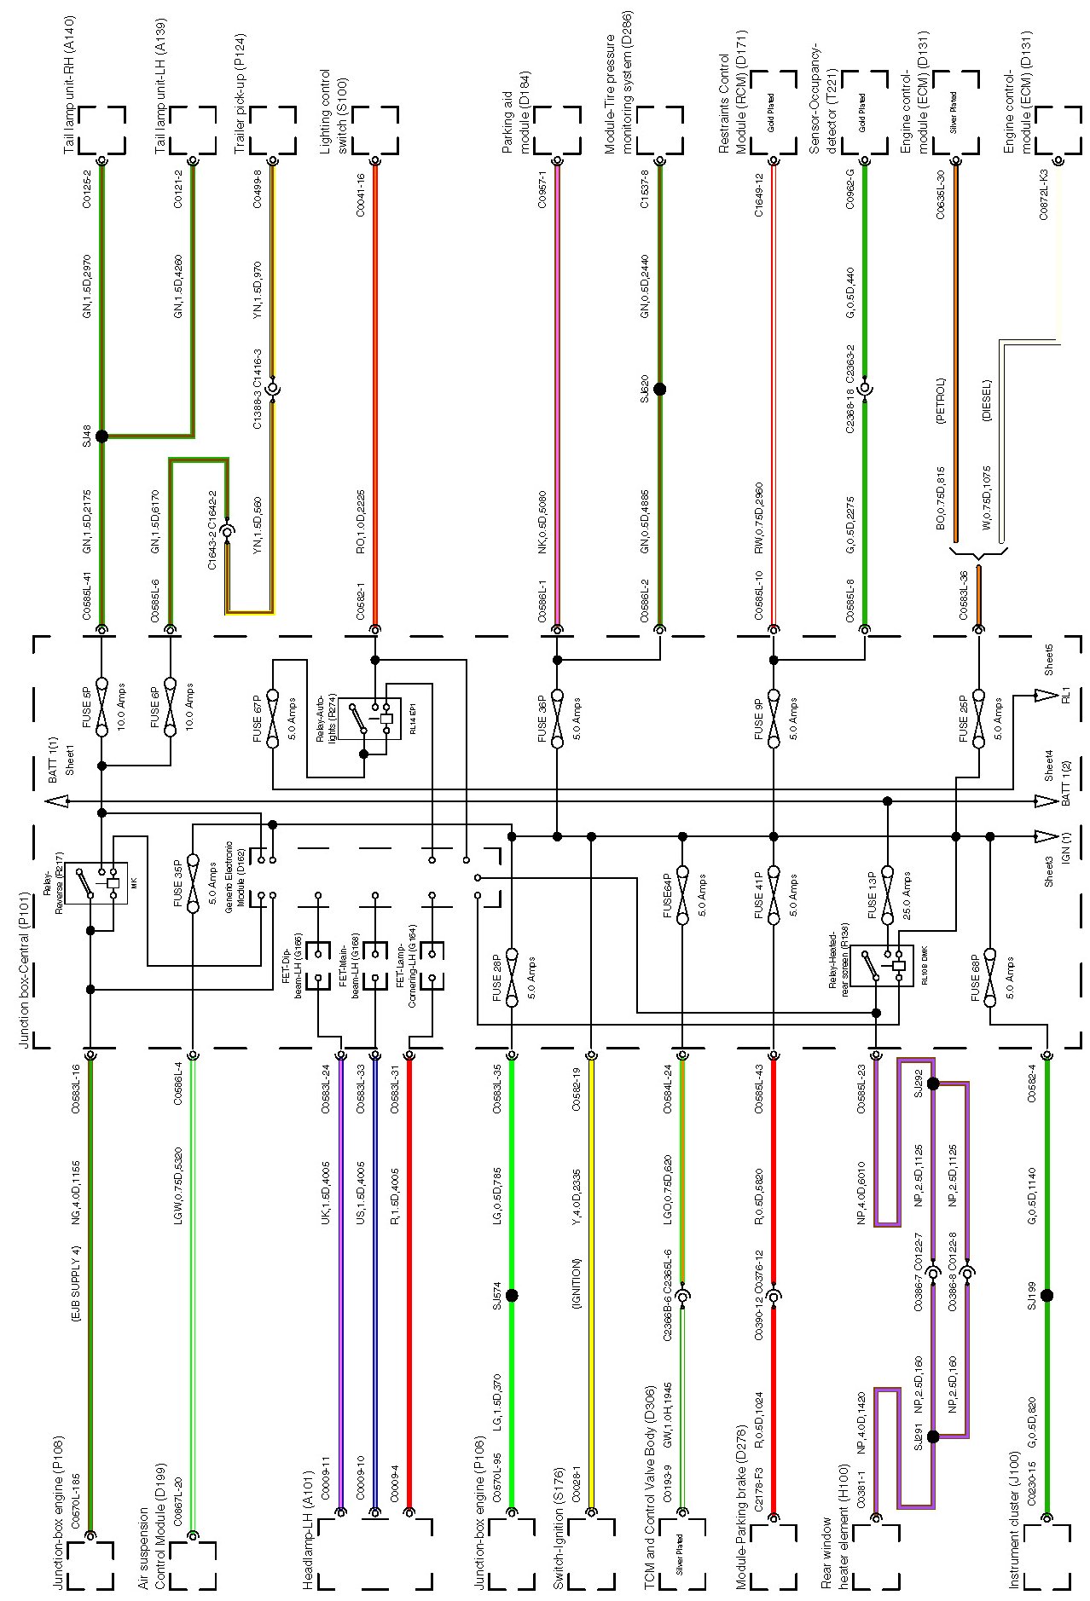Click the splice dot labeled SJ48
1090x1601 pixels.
[101, 436]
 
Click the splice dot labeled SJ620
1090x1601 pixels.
[659, 389]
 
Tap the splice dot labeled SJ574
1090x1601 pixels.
[512, 1295]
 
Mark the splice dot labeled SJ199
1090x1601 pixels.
[1047, 1295]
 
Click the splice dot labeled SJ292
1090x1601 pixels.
[932, 1084]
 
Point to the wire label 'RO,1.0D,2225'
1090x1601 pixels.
[360, 522]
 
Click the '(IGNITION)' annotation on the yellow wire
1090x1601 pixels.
[577, 1283]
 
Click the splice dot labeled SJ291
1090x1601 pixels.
[932, 1436]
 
